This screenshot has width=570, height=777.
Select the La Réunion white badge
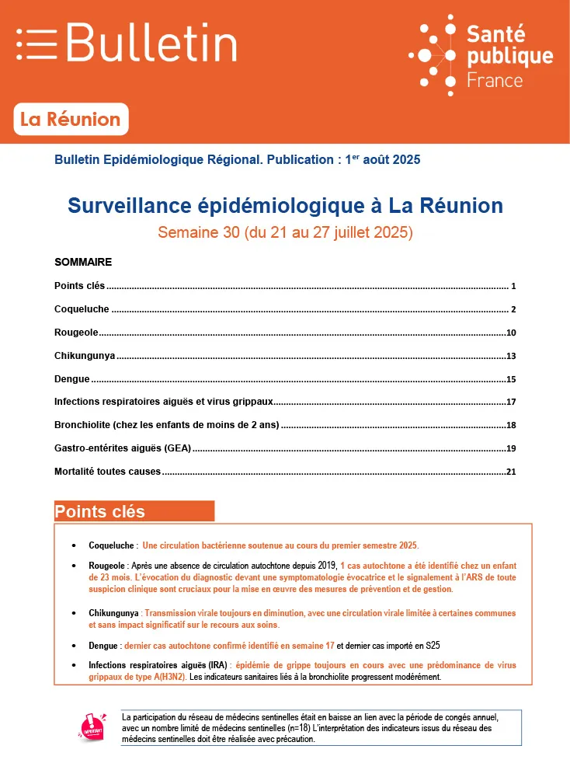click(71, 120)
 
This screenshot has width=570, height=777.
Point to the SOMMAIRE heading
click(83, 262)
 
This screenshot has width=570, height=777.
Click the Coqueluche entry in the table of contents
click(82, 309)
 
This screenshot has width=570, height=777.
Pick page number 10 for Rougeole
click(511, 333)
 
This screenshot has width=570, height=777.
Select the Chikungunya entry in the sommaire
click(85, 356)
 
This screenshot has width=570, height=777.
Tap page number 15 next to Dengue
click(511, 380)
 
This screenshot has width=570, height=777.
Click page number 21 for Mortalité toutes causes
click(511, 472)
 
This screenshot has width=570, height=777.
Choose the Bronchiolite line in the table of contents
click(166, 426)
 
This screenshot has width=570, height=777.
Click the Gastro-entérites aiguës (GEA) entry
click(123, 449)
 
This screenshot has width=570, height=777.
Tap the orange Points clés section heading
click(100, 511)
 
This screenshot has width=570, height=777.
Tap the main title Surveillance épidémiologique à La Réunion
click(285, 206)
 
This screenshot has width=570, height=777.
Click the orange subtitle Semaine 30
click(285, 232)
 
